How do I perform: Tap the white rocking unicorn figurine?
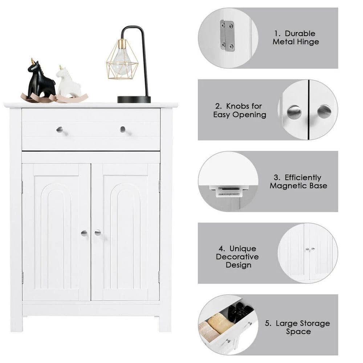point(69,83)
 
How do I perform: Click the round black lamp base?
point(134,99)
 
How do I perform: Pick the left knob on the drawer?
point(60,130)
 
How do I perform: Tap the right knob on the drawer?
point(123,129)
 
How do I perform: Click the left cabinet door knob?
point(84,233)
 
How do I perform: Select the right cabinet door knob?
point(98,233)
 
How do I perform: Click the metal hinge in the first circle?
point(228,36)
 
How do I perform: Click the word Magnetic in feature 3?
point(285,186)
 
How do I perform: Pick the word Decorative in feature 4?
point(237,257)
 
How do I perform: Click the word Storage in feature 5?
point(313,323)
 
